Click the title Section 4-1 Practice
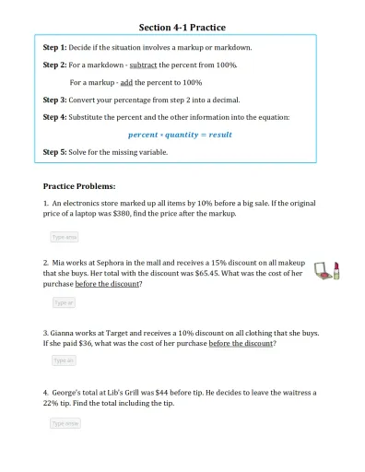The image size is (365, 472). (182, 28)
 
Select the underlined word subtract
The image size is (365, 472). (143, 65)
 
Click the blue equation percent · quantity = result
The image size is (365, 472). (180, 135)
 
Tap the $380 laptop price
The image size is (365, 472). (135, 213)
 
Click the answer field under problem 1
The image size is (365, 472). (64, 237)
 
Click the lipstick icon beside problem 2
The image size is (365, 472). (337, 270)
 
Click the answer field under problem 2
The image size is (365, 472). (63, 302)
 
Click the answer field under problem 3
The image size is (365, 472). (63, 360)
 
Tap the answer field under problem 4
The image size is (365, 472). (65, 423)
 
